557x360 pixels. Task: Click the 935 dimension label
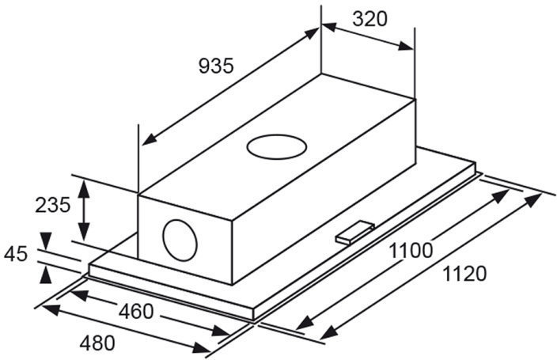point(216,66)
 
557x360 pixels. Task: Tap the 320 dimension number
point(369,19)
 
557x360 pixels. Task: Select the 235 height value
point(52,205)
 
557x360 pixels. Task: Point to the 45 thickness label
point(16,254)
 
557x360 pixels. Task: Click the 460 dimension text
point(136,312)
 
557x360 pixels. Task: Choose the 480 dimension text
point(97,343)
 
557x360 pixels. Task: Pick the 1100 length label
point(411,250)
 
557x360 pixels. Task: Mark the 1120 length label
point(464,274)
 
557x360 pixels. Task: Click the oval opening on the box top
point(277,147)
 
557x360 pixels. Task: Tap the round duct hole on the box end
point(180,240)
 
